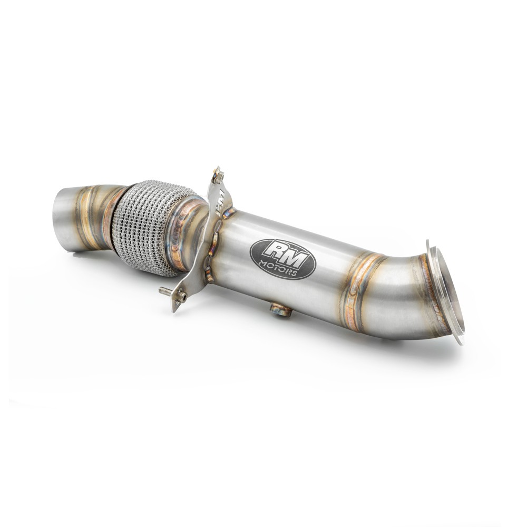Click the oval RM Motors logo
(282, 258)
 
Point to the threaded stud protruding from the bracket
(165, 290)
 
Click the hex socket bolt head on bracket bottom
(181, 297)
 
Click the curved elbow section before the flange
(401, 295)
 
